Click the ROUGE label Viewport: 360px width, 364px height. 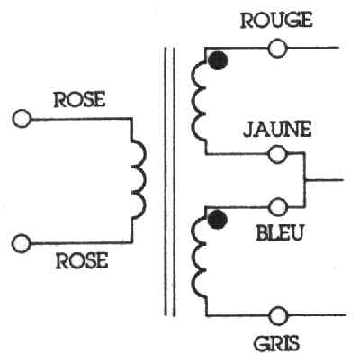(x=276, y=21)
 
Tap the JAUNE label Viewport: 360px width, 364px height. (x=277, y=130)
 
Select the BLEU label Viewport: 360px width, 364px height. (x=280, y=232)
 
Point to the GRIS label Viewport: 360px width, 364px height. (x=276, y=343)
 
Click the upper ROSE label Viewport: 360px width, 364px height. (x=80, y=100)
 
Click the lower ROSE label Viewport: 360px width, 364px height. (x=82, y=260)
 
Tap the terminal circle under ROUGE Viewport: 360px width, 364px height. (x=278, y=48)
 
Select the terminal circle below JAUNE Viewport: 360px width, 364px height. (x=278, y=154)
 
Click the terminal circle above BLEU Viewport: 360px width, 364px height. (x=278, y=207)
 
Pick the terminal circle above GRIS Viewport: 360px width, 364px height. (x=279, y=316)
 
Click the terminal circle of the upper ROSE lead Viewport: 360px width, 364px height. (x=22, y=119)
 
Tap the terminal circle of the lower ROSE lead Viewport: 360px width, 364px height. (x=22, y=243)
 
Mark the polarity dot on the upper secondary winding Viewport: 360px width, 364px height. (x=218, y=60)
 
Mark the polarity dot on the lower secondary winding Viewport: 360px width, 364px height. (x=218, y=220)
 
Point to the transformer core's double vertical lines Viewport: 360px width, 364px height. (x=170, y=182)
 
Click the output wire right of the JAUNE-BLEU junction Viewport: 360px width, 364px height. (x=324, y=180)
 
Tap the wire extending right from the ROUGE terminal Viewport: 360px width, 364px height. (x=313, y=48)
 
